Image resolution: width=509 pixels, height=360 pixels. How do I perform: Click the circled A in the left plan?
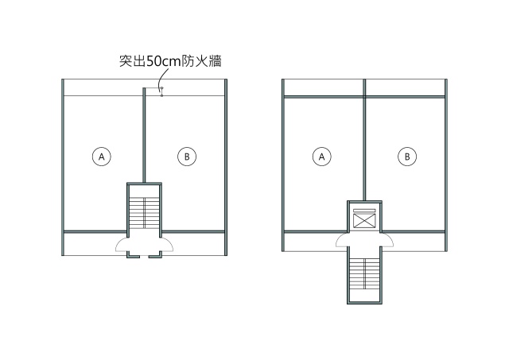pyautogui.click(x=102, y=157)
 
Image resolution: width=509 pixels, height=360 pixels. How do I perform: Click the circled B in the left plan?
pyautogui.click(x=187, y=157)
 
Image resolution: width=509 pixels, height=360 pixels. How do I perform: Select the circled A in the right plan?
pyautogui.click(x=321, y=157)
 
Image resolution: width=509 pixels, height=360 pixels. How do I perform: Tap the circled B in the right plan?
pyautogui.click(x=407, y=157)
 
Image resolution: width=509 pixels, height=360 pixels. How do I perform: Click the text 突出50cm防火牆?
pyautogui.click(x=170, y=61)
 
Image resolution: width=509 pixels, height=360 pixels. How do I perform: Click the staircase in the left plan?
pyautogui.click(x=144, y=213)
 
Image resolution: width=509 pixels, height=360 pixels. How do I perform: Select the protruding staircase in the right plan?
pyautogui.click(x=364, y=275)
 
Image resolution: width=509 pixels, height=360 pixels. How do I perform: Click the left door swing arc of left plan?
pyautogui.click(x=122, y=244)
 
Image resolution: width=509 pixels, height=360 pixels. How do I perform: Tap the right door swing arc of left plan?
pyautogui.click(x=167, y=244)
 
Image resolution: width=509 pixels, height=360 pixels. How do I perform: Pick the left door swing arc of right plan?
pyautogui.click(x=342, y=240)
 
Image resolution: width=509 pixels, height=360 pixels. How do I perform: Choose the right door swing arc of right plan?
pyautogui.click(x=387, y=240)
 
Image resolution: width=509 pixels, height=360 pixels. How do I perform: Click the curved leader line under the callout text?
pyautogui.click(x=164, y=78)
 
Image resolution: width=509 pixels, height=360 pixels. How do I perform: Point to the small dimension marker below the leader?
pyautogui.click(x=161, y=91)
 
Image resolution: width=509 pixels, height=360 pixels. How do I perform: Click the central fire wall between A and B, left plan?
pyautogui.click(x=144, y=135)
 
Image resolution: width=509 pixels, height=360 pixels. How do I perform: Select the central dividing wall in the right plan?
pyautogui.click(x=364, y=140)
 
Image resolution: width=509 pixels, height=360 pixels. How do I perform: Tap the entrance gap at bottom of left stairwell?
pyautogui.click(x=144, y=257)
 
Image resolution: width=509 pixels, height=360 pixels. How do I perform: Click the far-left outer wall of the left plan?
pyautogui.click(x=63, y=168)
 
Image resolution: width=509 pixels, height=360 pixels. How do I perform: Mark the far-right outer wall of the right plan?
pyautogui.click(x=446, y=165)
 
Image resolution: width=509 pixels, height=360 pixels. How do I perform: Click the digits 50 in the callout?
pyautogui.click(x=153, y=61)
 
